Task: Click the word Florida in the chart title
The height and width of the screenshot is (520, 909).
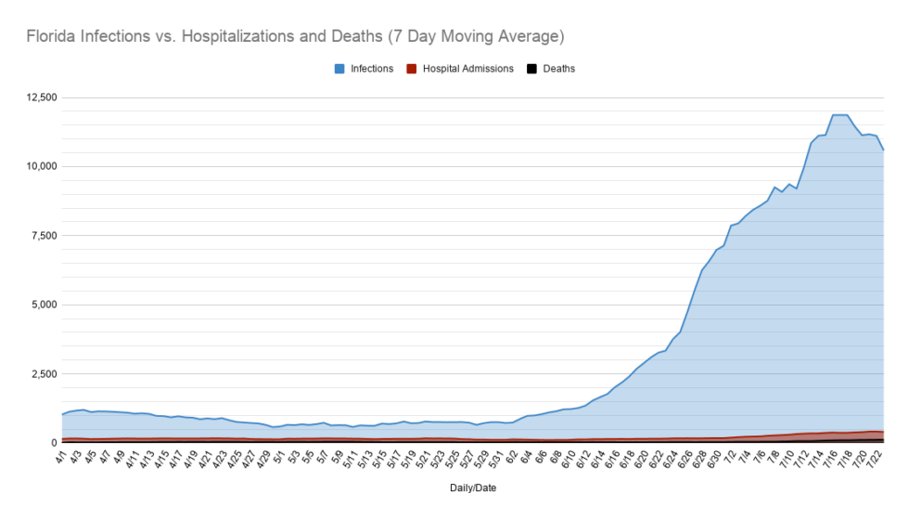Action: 51,36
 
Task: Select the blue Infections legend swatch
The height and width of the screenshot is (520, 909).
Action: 339,69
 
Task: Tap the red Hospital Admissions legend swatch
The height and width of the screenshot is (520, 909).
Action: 412,69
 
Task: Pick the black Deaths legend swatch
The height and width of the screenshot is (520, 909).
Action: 531,69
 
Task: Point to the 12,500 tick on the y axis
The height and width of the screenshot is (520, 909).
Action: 42,97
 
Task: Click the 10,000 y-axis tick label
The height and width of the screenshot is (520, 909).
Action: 42,166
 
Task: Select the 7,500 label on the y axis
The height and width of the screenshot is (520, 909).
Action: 45,236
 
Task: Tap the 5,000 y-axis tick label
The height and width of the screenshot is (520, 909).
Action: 45,305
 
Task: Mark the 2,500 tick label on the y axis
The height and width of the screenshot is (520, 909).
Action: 45,373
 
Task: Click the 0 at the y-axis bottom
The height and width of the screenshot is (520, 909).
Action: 55,443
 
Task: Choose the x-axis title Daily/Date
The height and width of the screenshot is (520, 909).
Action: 473,488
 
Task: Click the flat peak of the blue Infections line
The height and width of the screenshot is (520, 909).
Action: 840,115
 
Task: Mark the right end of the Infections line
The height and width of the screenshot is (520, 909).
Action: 883,150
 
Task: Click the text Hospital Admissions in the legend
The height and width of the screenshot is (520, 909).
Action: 467,69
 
